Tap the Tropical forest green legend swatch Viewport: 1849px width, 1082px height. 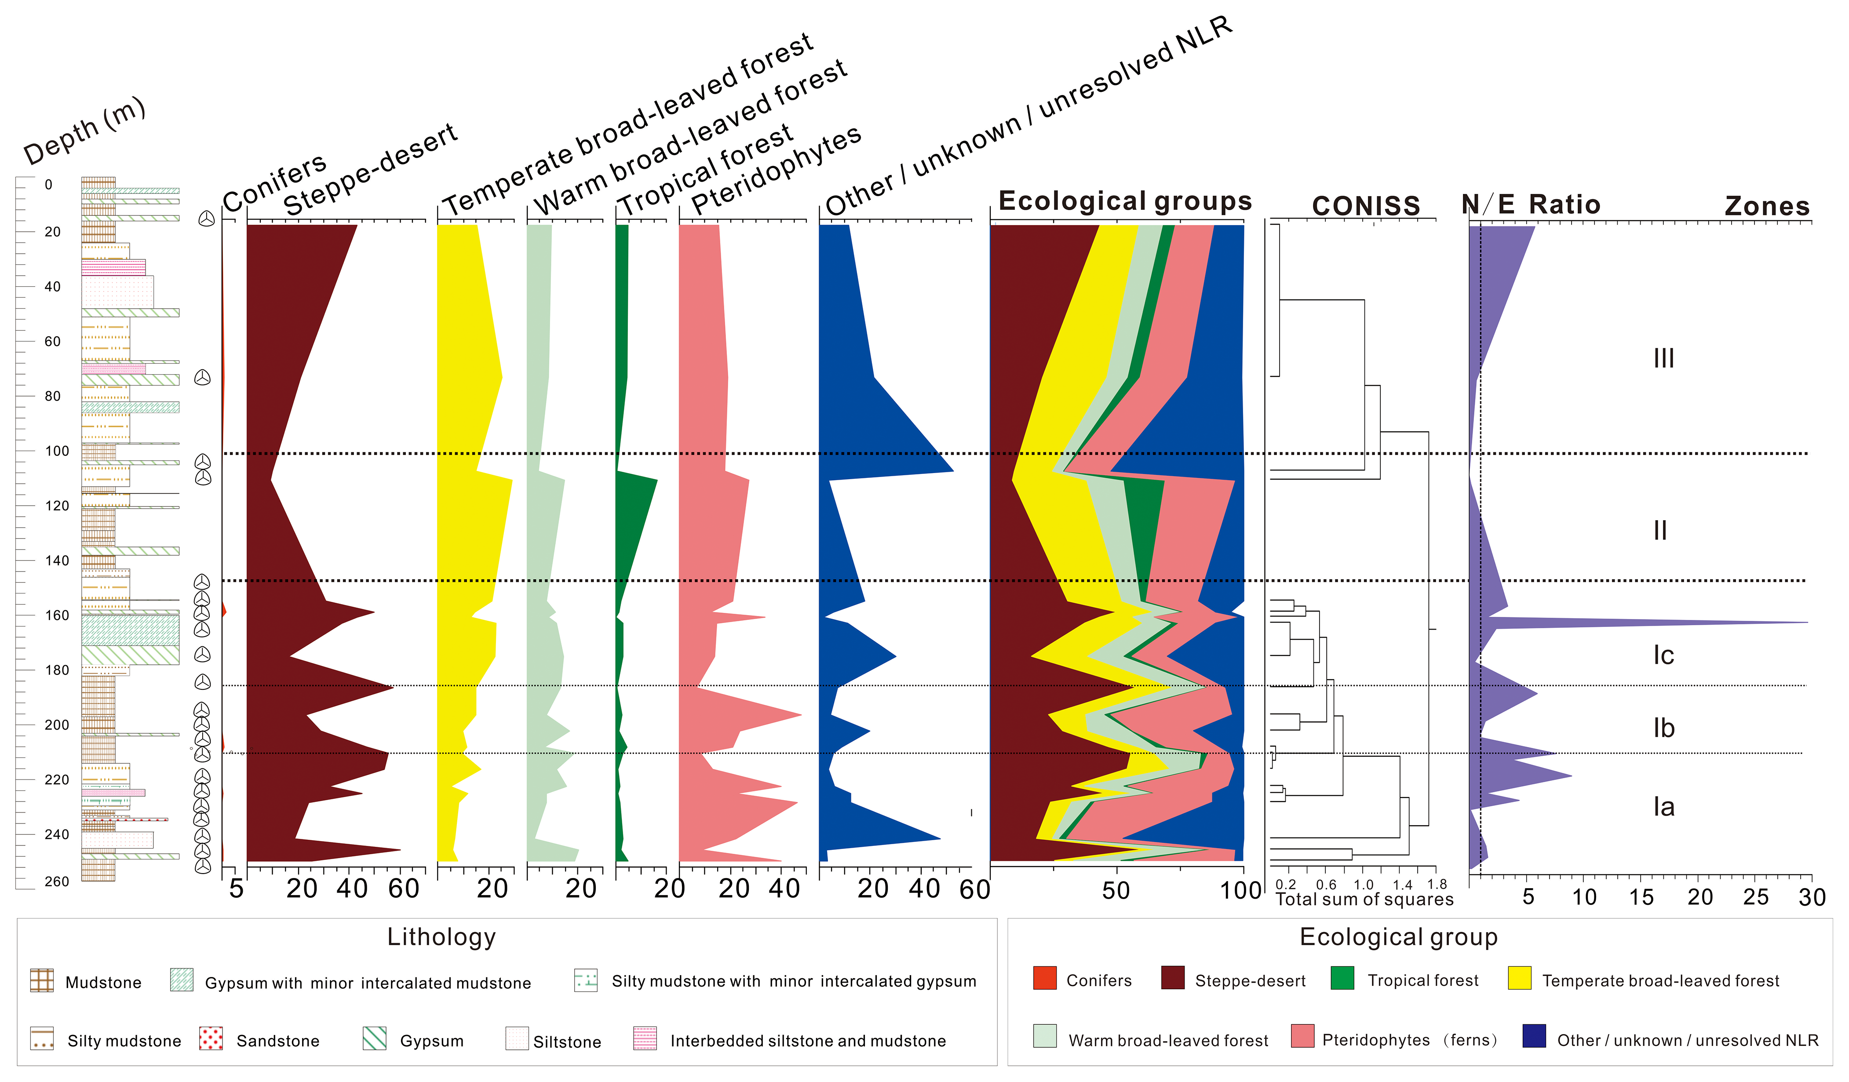(x=1342, y=979)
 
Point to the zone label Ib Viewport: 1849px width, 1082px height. (x=1663, y=729)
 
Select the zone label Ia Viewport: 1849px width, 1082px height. (x=1663, y=807)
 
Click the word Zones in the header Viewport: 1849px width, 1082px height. (x=1767, y=206)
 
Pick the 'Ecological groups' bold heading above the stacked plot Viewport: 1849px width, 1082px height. (x=1125, y=201)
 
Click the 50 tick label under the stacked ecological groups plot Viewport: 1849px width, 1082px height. (x=1116, y=891)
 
